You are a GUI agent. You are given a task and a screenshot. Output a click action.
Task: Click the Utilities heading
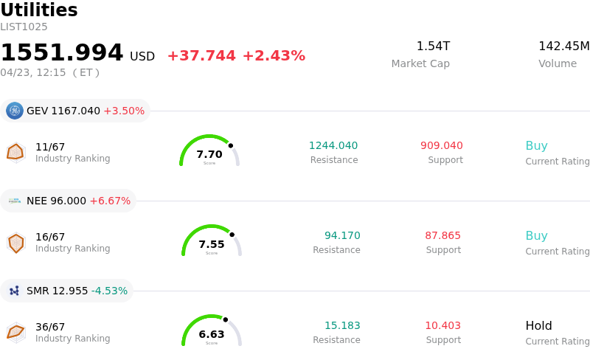39,10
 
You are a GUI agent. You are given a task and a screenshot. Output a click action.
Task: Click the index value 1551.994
62,53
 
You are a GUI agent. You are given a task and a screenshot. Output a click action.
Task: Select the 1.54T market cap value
433,46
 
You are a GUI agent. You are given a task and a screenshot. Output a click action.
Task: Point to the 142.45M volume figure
563,46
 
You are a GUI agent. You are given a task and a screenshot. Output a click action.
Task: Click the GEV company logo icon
15,111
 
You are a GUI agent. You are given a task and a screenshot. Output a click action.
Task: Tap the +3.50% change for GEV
124,111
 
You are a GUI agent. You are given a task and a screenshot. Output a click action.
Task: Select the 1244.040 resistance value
333,145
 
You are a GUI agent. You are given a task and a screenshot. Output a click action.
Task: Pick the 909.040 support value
442,145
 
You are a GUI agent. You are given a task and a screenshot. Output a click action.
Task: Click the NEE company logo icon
15,201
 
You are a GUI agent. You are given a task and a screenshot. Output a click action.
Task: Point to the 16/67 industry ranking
50,237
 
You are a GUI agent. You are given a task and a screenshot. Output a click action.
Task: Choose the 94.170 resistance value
342,235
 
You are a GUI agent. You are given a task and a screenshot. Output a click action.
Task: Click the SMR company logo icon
15,291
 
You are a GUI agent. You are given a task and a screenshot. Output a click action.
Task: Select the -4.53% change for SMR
109,291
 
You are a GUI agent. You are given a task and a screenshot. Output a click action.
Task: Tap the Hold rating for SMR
538,325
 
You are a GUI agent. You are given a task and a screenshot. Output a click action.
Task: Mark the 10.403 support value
442,325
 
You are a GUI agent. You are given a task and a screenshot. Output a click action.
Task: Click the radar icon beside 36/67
15,333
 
